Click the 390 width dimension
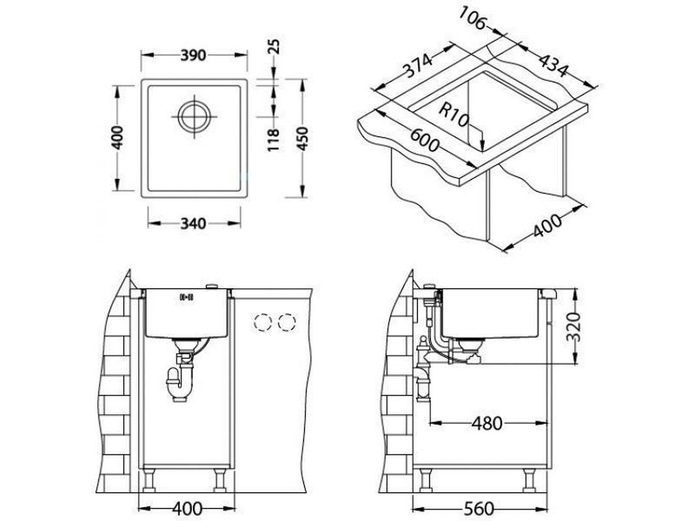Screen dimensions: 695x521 click(x=194, y=55)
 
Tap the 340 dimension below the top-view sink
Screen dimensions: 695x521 click(x=194, y=223)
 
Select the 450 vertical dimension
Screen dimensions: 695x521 click(x=302, y=139)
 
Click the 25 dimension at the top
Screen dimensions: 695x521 click(x=274, y=46)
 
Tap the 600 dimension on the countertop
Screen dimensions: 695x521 click(x=424, y=139)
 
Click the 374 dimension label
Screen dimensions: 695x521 click(x=417, y=66)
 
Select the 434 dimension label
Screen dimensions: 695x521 click(x=553, y=64)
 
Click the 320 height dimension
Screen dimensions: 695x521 click(x=574, y=327)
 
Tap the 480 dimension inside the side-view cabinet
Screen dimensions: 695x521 click(x=486, y=423)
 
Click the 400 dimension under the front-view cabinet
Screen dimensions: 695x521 click(x=187, y=509)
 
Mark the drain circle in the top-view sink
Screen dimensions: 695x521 click(x=194, y=117)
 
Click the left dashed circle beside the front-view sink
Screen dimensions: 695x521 click(x=262, y=322)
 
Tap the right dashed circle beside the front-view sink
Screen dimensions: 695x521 click(x=287, y=322)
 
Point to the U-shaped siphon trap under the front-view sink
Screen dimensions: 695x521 click(x=179, y=384)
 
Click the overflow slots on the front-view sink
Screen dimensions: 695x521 click(x=186, y=297)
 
